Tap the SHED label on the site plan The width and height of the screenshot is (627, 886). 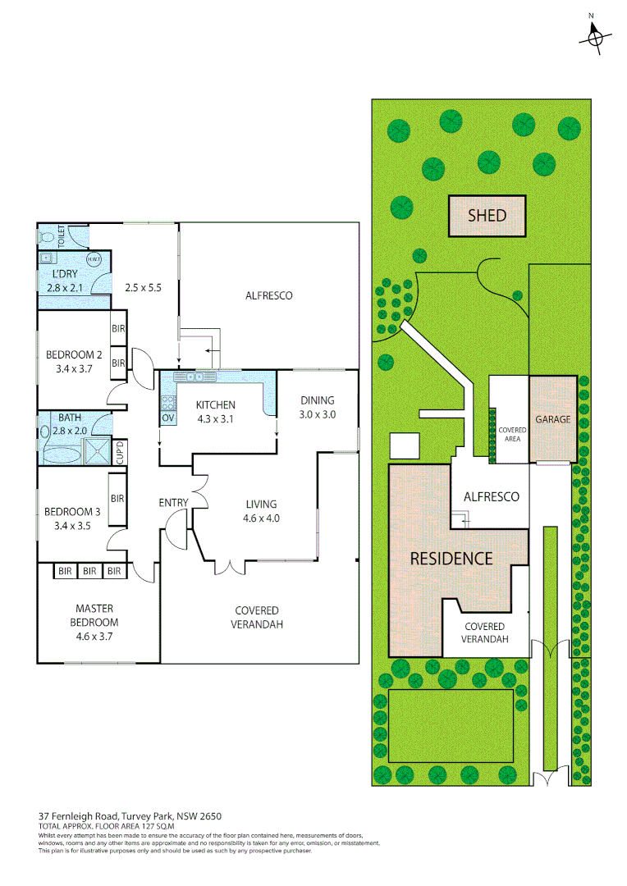coord(487,216)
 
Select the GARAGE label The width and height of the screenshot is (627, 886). coord(552,419)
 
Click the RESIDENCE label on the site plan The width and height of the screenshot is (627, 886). coord(451,559)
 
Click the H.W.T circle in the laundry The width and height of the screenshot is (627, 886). coord(94,260)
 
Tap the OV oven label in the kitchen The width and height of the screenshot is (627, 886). coord(167,418)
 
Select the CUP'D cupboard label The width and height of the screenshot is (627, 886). coord(120,451)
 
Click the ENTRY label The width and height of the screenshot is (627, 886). coord(173,503)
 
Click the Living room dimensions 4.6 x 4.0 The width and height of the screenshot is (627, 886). coord(261,518)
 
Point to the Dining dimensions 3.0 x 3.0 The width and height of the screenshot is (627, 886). coord(317,414)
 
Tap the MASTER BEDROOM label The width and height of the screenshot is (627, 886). coord(94,615)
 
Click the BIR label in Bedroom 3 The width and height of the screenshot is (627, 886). coord(117,498)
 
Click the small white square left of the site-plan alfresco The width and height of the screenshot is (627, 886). coord(404,445)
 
